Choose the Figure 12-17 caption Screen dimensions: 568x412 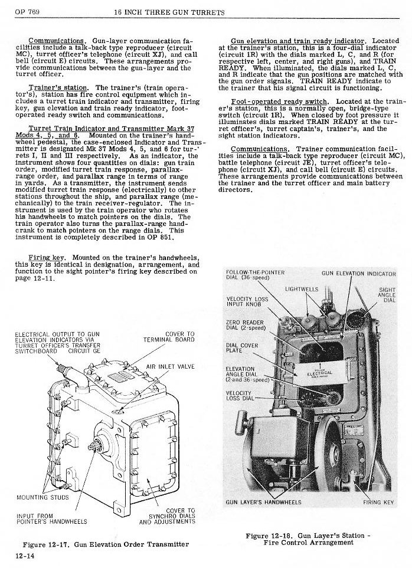(x=105, y=543)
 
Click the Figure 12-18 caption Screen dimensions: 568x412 (x=308, y=539)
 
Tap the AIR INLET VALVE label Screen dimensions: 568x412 (x=170, y=366)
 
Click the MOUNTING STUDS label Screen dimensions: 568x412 (x=42, y=497)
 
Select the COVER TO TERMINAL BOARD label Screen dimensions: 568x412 (x=169, y=337)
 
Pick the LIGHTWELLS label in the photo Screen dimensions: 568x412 (x=302, y=290)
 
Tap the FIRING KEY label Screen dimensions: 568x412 (x=378, y=503)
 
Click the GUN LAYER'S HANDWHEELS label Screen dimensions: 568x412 (x=264, y=503)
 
